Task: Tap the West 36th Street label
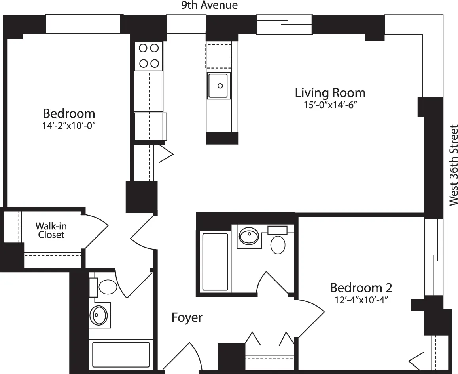[x=453, y=165]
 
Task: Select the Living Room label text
[x=330, y=93]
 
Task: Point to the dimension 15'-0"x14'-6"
[x=330, y=105]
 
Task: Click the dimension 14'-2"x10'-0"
[x=69, y=126]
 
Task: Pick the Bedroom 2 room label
[x=361, y=287]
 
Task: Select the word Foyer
[x=187, y=317]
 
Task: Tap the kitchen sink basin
[x=218, y=85]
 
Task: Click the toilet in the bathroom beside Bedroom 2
[x=278, y=244]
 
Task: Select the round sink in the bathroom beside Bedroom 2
[x=249, y=237]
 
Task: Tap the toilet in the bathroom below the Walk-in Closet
[x=108, y=286]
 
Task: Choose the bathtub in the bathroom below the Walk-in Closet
[x=121, y=355]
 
